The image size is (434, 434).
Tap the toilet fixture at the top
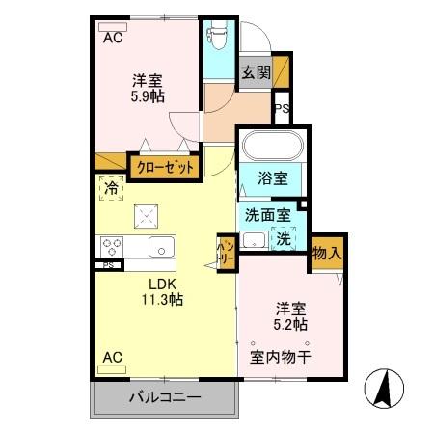coord(217,38)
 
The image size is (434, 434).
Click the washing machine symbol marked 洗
coord(285,238)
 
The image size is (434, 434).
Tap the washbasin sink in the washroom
coord(256,240)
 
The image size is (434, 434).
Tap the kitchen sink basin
coord(158,244)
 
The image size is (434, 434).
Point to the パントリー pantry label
coord(225,253)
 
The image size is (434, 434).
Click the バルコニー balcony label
coord(163,397)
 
